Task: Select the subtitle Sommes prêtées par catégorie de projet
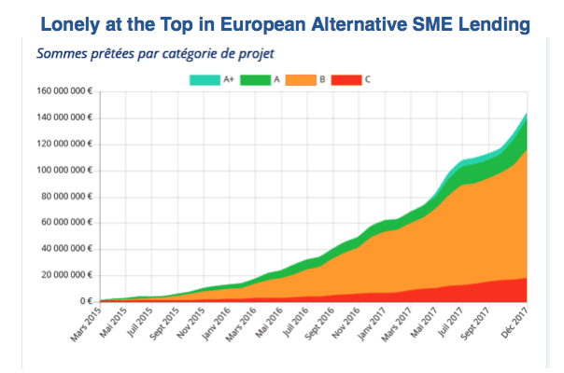point(156,53)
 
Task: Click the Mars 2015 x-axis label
point(85,324)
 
